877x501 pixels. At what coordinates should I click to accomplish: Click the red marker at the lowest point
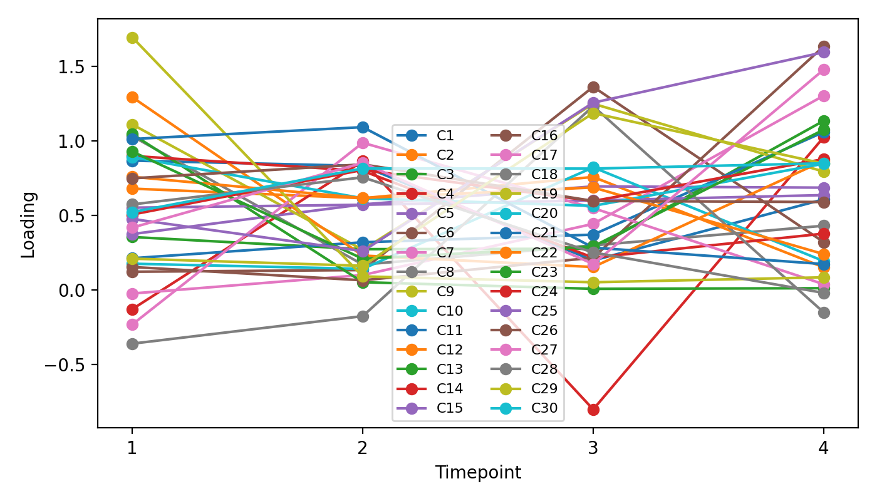tap(593, 410)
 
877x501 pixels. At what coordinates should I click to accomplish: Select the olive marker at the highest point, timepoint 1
tap(132, 38)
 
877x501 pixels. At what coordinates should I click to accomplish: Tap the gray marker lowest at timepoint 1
tap(132, 344)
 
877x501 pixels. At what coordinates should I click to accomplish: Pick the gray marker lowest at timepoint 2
tap(362, 316)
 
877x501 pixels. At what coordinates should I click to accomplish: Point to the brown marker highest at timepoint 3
tap(593, 87)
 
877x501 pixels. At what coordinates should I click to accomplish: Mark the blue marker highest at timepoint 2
tap(362, 127)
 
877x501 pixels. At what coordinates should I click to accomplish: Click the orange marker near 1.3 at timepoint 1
tap(132, 97)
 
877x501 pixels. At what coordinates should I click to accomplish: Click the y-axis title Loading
tap(28, 224)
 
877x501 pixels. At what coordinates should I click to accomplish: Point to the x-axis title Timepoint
tap(478, 473)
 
